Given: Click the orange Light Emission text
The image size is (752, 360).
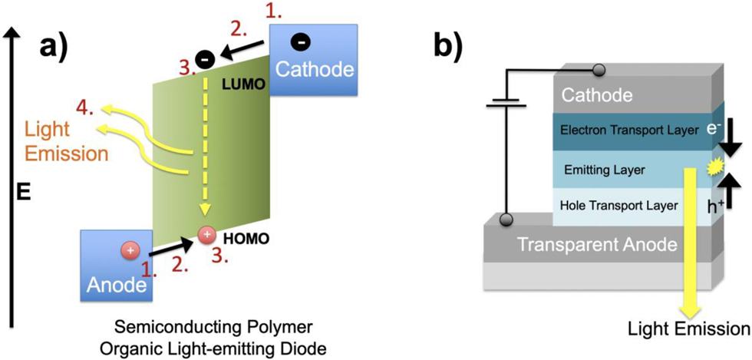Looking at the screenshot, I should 65,142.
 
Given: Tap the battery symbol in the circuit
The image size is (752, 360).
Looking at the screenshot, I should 506,104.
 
